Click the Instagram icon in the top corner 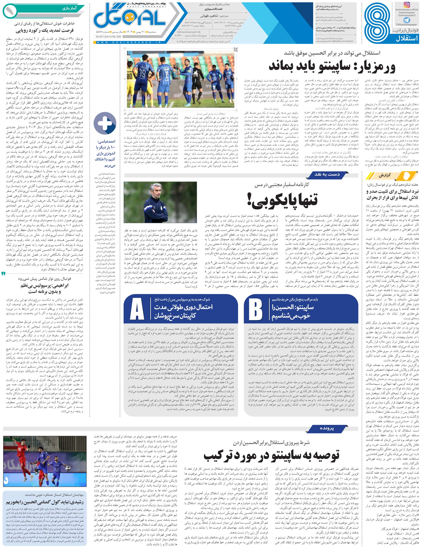pos(407,5)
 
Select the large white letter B pos(256,311)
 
